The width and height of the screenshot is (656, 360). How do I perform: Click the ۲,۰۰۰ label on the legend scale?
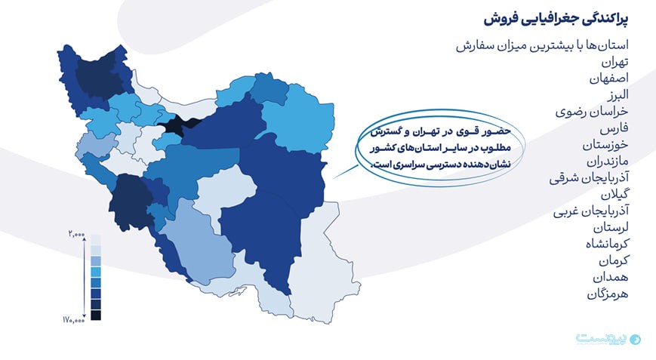pos(75,234)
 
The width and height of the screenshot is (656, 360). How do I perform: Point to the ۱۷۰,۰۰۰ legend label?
pos(74,320)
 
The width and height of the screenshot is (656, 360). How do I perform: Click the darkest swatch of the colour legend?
pos(96,315)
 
